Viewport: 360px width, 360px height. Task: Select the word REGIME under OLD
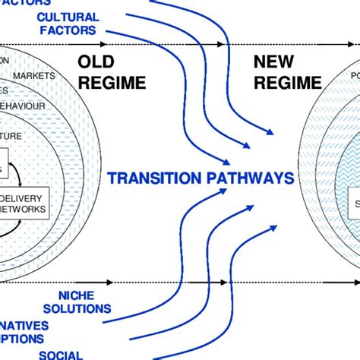pyautogui.click(x=106, y=82)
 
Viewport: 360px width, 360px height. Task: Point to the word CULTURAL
pyautogui.click(x=68, y=17)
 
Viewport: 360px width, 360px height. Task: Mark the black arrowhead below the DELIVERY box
pyautogui.click(x=112, y=282)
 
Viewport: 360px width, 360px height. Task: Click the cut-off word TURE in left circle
pyautogui.click(x=11, y=136)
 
